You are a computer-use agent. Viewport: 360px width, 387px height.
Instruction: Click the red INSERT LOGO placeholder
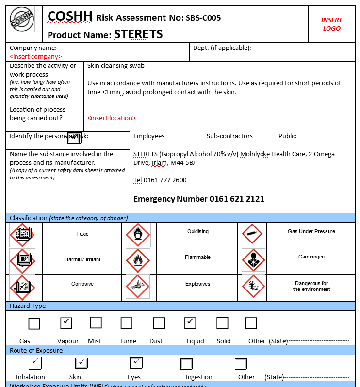coord(331,24)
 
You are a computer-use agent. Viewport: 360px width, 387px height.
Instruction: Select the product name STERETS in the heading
coord(138,34)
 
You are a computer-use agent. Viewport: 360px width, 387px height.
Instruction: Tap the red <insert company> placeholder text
coord(36,57)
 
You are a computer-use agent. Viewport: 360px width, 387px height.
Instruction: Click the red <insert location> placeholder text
coord(112,118)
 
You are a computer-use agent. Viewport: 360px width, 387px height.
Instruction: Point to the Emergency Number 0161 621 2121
coord(199,199)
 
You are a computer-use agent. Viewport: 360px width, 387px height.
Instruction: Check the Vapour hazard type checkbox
coord(66,322)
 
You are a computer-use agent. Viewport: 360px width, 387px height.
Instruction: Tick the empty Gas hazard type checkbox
coord(34,323)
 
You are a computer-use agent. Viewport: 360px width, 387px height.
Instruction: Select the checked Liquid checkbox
coord(191,322)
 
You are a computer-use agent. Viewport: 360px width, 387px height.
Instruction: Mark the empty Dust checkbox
coord(159,323)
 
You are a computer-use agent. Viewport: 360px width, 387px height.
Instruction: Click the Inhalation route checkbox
coord(35,363)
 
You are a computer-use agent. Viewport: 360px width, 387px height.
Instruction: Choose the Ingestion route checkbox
coord(187,364)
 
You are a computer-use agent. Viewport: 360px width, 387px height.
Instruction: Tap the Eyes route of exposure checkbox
coord(136,363)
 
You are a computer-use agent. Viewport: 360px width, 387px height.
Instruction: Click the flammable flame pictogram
coord(138,261)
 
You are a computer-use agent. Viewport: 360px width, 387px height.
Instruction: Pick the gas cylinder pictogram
coord(252,234)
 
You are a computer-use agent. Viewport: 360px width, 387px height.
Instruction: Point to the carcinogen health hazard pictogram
coord(253,260)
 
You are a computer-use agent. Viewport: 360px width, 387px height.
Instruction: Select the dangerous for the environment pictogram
coord(253,286)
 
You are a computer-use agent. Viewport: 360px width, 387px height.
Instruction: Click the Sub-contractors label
coord(229,136)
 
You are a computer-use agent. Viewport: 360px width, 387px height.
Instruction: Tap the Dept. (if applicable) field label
coord(222,48)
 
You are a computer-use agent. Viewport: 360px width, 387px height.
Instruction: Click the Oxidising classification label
coord(198,232)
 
